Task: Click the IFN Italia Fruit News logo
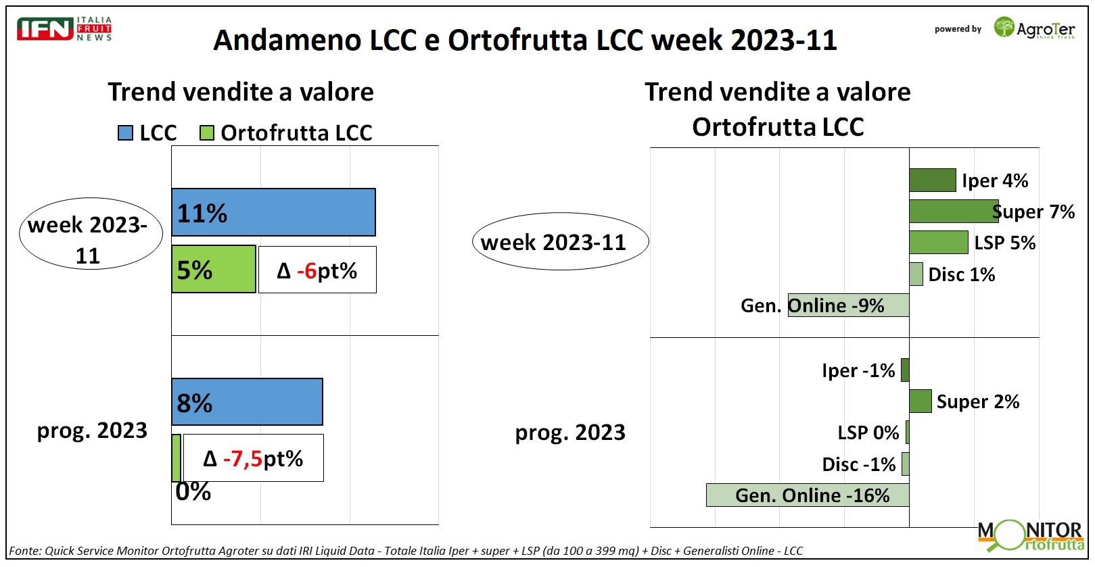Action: click(x=64, y=29)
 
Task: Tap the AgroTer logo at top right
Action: click(x=1034, y=28)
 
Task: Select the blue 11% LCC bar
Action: click(x=274, y=212)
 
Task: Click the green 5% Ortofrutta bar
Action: click(x=214, y=269)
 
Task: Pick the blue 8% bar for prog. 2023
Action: click(x=248, y=402)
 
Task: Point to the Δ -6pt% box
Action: click(x=317, y=270)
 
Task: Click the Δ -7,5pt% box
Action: click(x=253, y=458)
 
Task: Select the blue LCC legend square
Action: click(x=125, y=133)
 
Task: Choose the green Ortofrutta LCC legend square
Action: click(x=207, y=133)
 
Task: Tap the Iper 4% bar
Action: click(x=933, y=180)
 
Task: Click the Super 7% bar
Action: click(x=954, y=212)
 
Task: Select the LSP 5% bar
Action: click(x=939, y=242)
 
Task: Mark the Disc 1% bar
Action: click(x=916, y=274)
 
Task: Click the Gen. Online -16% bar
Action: click(x=808, y=495)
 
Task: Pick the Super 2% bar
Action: click(x=921, y=401)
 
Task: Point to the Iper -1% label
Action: click(x=858, y=370)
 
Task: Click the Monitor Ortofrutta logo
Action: click(x=1031, y=536)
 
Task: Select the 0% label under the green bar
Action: click(x=193, y=492)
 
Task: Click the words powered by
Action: click(x=958, y=29)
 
